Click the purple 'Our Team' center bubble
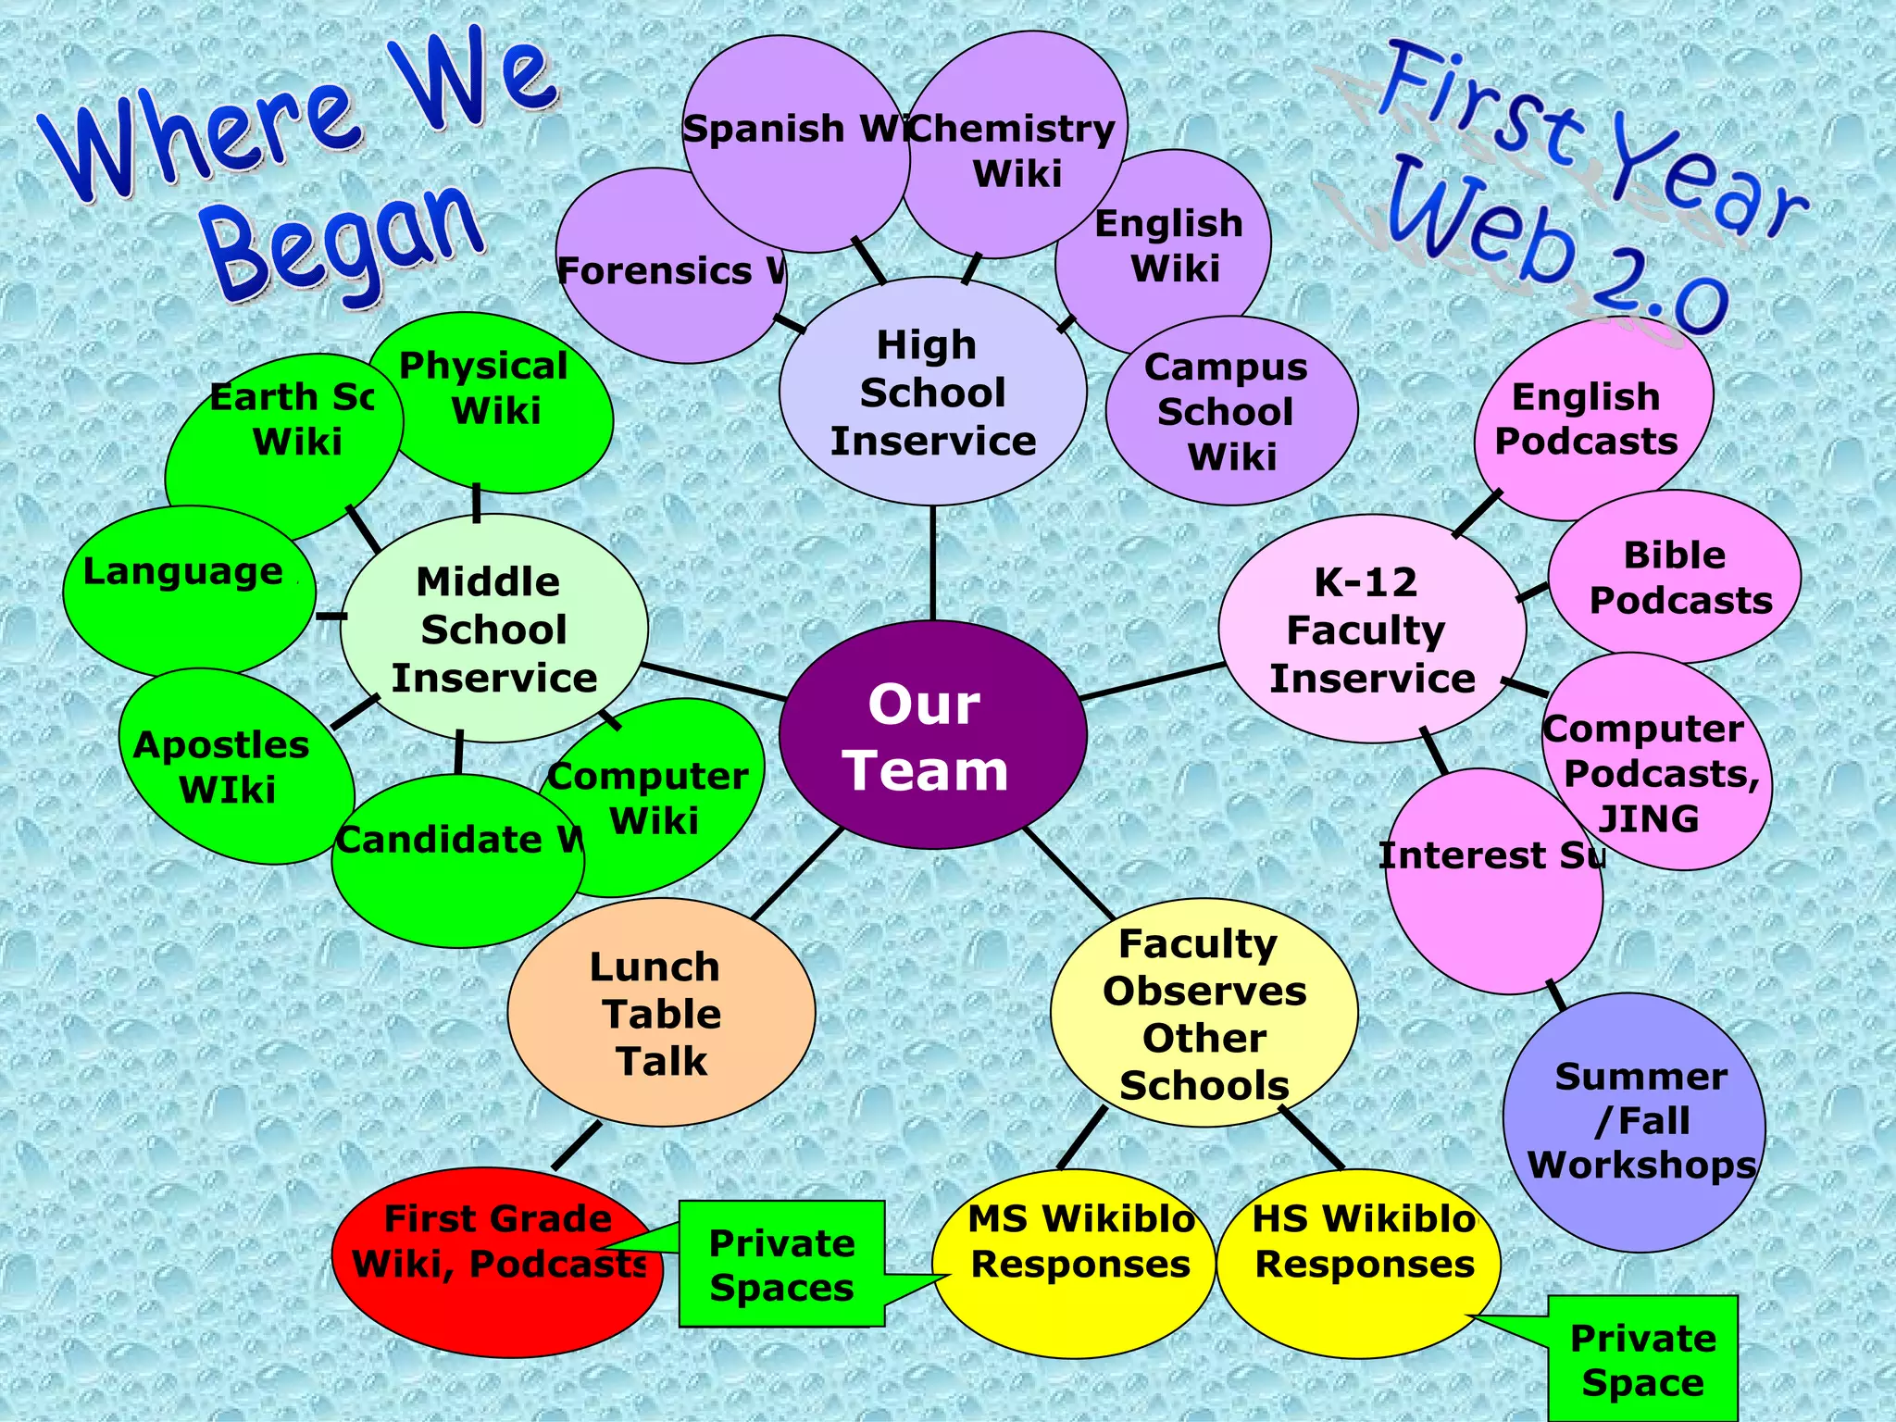(931, 735)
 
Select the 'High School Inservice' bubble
(932, 393)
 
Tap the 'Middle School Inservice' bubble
(493, 630)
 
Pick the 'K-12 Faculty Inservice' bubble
(1371, 630)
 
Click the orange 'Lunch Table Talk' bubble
(661, 1013)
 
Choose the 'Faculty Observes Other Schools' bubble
(1204, 1013)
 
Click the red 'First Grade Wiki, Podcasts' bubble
(497, 1263)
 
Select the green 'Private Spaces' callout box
(781, 1265)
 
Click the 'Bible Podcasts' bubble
(1676, 578)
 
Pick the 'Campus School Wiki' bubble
(1231, 411)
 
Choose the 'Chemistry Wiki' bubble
(1017, 148)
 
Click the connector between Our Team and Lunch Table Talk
(796, 874)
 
